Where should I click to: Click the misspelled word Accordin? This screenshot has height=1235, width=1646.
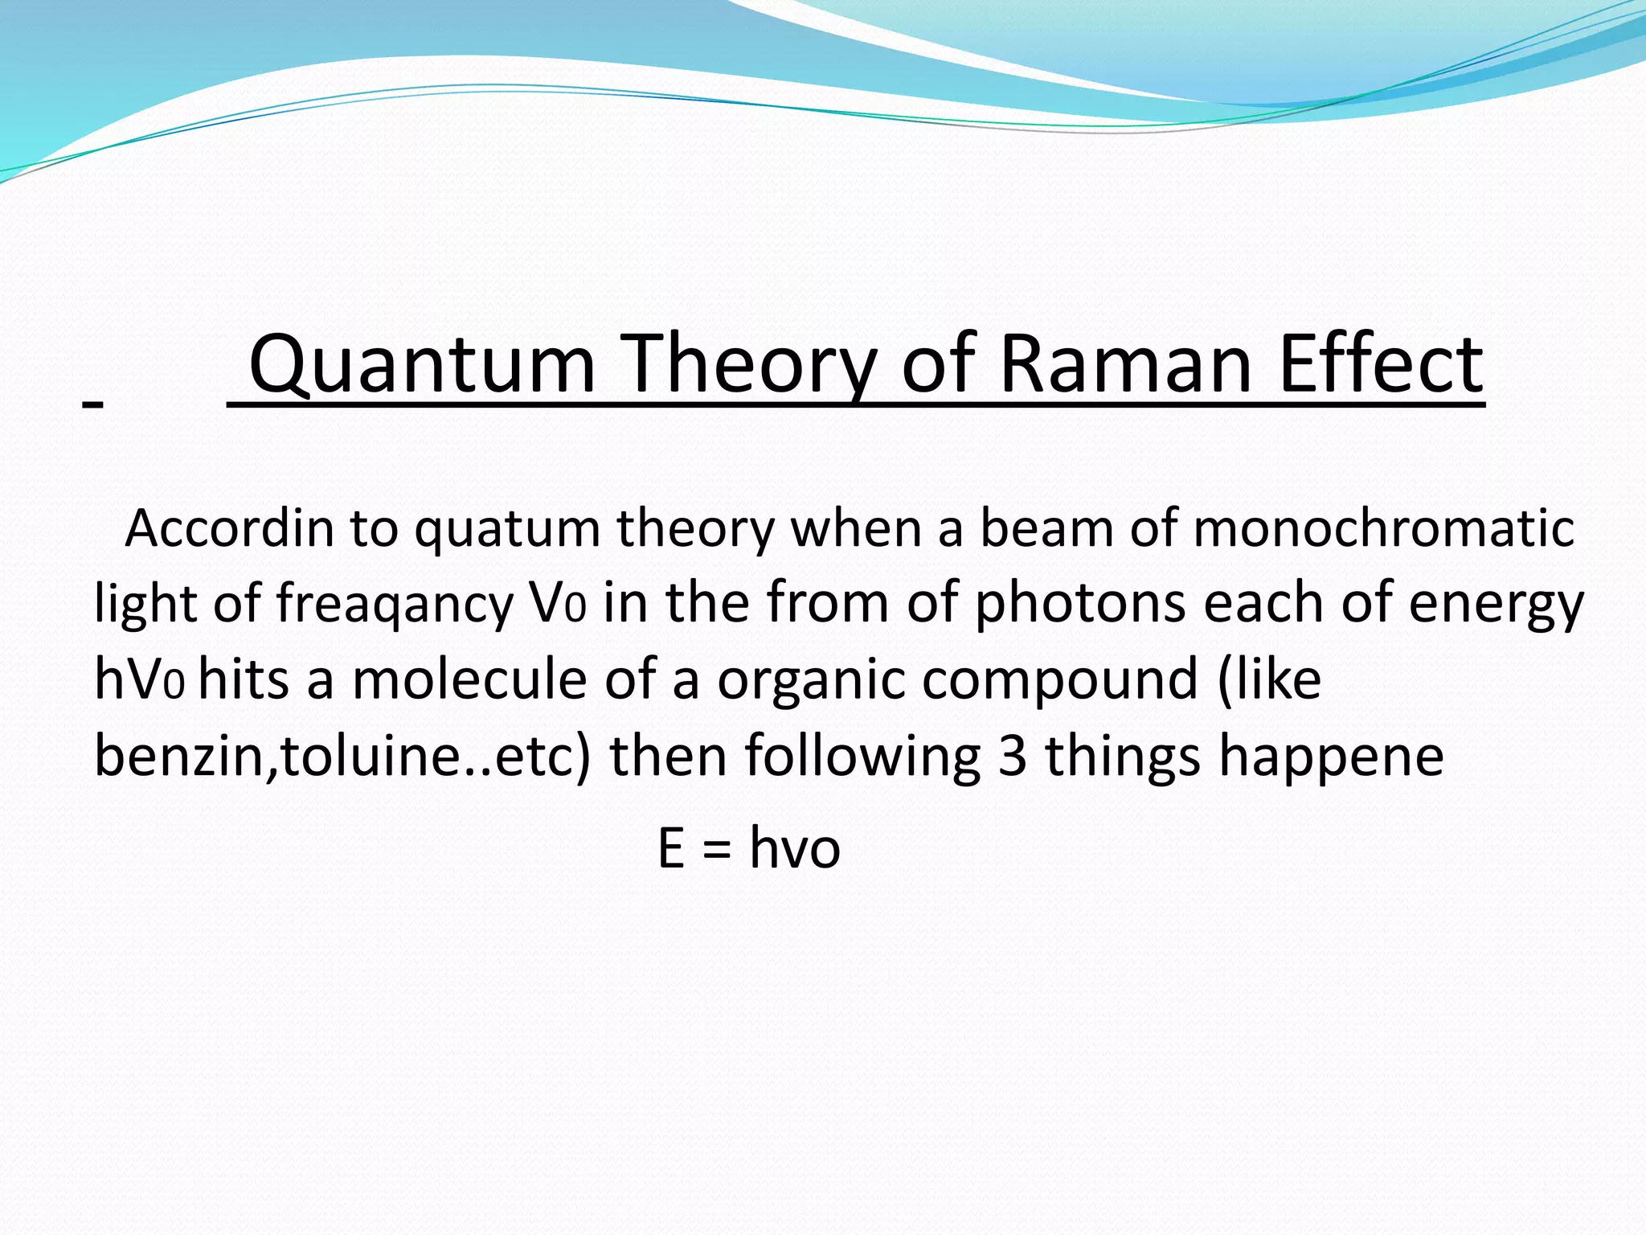point(229,529)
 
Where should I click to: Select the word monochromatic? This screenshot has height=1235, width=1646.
point(1383,529)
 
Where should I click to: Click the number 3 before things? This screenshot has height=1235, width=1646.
point(1012,756)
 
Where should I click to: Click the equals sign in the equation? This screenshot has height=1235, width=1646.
point(716,851)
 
